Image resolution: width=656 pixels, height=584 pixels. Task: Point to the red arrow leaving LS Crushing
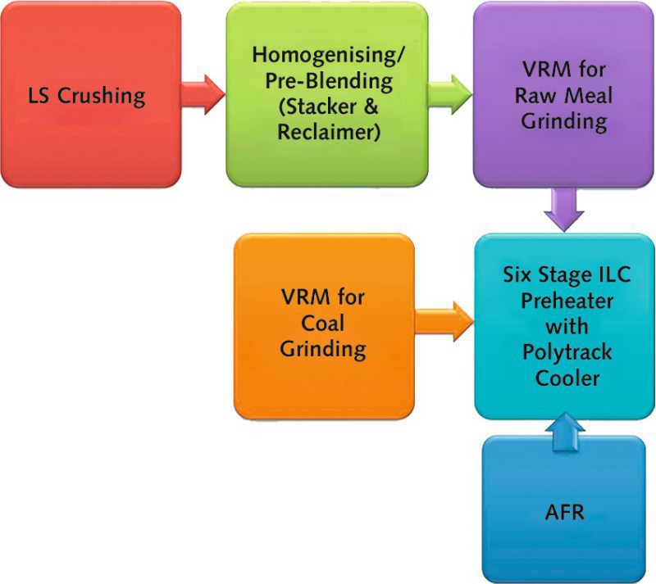click(x=203, y=95)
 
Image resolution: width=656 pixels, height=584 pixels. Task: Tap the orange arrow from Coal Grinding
click(x=444, y=321)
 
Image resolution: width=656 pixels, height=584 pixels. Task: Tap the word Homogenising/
click(x=327, y=55)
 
